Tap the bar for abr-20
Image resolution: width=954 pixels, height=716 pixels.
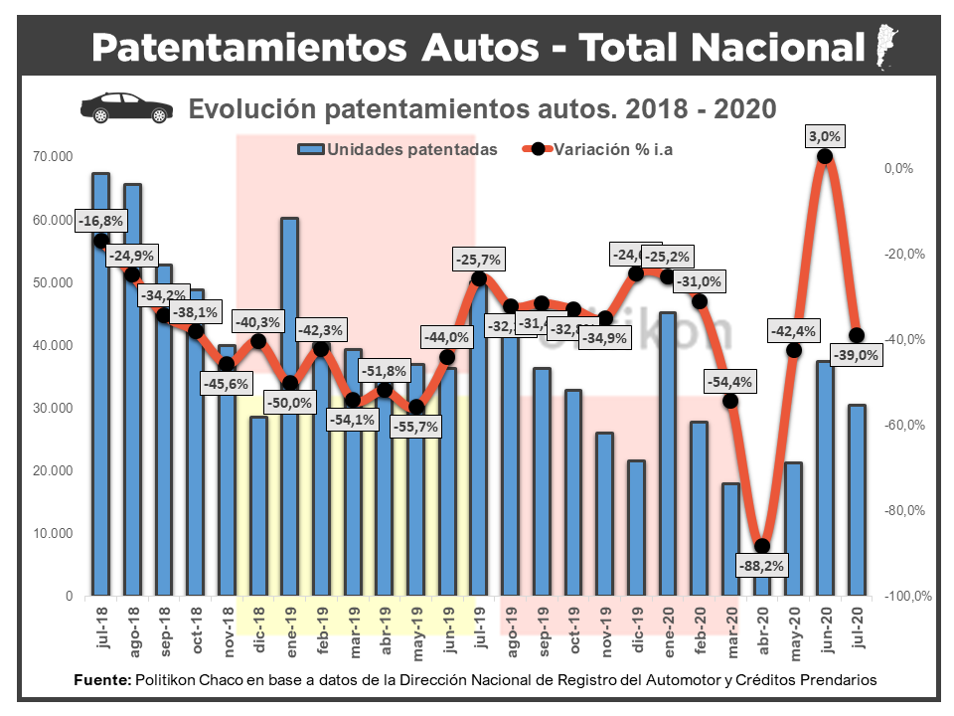tap(762, 572)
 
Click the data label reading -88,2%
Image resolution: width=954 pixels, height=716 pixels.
tap(761, 567)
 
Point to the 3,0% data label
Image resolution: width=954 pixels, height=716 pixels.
tap(824, 135)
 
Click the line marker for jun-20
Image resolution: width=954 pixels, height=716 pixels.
tap(825, 156)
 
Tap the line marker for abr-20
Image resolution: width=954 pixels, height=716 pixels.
tap(762, 546)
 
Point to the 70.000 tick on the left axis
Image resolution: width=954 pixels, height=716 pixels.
tap(53, 156)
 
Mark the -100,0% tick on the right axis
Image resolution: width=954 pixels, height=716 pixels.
tap(906, 597)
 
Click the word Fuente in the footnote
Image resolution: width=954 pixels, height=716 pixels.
tap(102, 680)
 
